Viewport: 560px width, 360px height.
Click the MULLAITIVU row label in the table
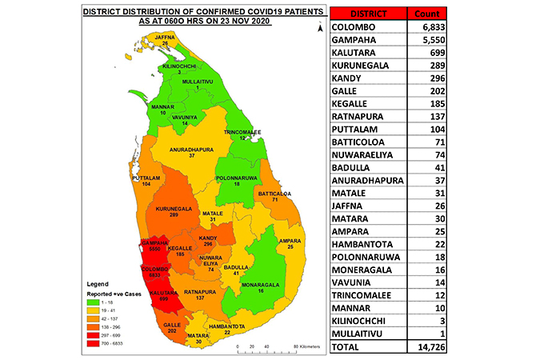point(367,332)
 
